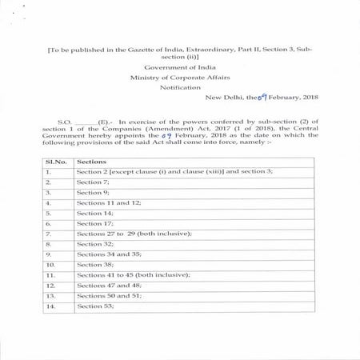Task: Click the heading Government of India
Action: tap(179, 67)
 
